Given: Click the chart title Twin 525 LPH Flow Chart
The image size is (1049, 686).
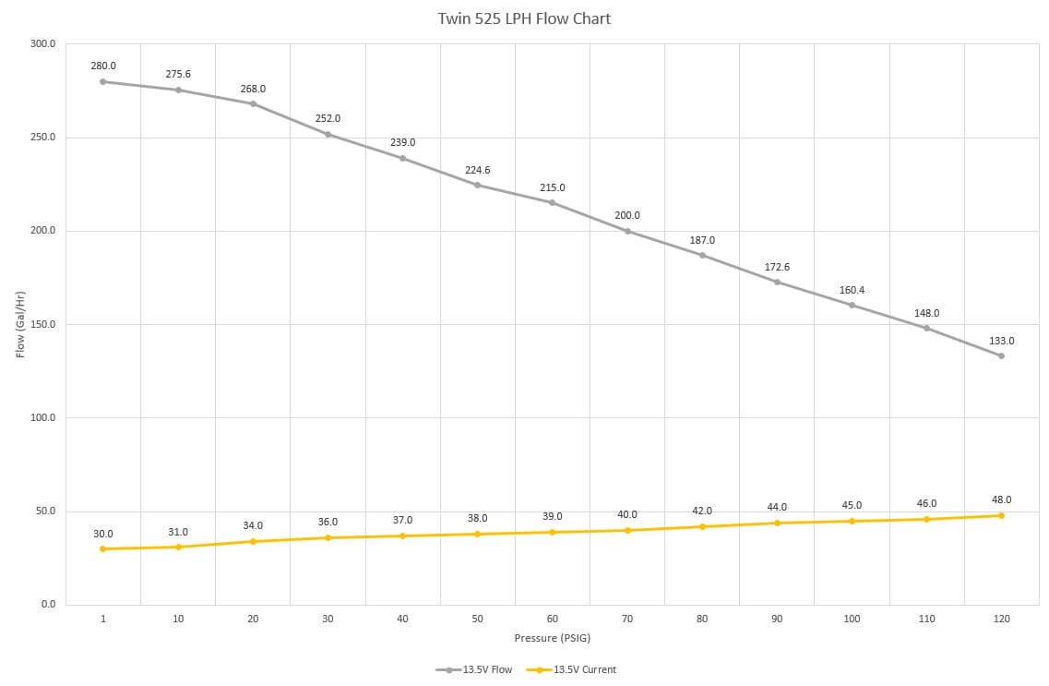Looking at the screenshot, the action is (x=524, y=18).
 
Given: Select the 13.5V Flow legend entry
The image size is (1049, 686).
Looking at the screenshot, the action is (x=474, y=669).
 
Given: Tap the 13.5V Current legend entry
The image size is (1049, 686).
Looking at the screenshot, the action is (x=571, y=669).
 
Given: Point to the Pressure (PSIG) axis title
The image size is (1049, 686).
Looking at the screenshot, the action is (x=553, y=638).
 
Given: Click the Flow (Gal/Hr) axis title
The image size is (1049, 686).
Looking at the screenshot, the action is (x=20, y=325).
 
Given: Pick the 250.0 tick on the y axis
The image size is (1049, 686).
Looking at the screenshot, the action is (x=42, y=138).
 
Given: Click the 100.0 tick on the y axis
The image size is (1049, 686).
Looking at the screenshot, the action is (x=42, y=417).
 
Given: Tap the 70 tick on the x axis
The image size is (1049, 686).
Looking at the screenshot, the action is (x=626, y=620).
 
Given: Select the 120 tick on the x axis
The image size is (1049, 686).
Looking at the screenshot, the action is (x=1002, y=620).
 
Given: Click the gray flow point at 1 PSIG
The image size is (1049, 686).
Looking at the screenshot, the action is (x=103, y=81).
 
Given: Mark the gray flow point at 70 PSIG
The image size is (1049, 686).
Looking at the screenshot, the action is (x=627, y=232).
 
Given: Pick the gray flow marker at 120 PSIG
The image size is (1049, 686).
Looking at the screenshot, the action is (x=1002, y=356).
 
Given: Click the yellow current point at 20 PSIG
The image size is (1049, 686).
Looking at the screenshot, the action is (x=253, y=541).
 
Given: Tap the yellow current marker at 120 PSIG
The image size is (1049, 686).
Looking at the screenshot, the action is (x=1002, y=515).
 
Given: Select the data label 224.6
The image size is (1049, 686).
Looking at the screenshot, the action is (x=478, y=170).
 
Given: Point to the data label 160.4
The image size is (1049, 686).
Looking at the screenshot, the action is (x=852, y=290).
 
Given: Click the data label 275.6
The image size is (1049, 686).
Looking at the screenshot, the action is (x=178, y=74).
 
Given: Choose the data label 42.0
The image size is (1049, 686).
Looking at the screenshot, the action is (x=702, y=511).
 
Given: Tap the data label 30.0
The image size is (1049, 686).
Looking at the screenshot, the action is (x=103, y=534).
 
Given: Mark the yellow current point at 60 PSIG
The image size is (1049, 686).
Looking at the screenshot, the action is (x=552, y=532).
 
